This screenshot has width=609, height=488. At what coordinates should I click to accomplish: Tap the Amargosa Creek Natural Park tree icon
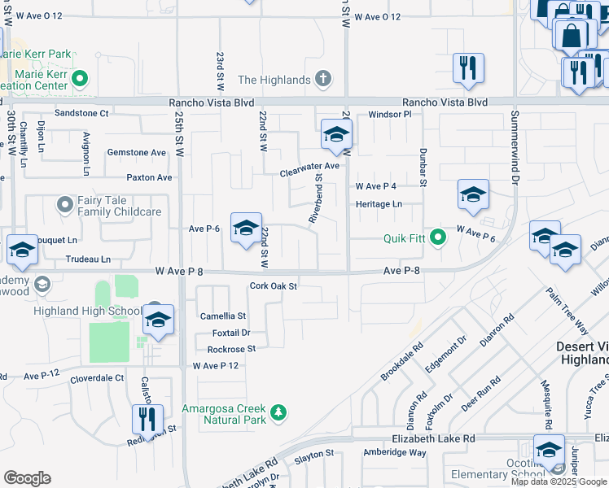click(278, 413)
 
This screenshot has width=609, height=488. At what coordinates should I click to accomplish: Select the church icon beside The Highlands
click(323, 80)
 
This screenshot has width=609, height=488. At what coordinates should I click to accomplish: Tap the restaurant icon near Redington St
click(147, 420)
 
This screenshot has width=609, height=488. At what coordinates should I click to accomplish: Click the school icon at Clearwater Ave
click(335, 136)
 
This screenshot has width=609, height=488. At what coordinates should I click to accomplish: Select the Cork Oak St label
click(274, 286)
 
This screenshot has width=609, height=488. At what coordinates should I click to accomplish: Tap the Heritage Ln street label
click(379, 204)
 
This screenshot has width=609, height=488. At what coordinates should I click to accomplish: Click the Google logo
click(27, 478)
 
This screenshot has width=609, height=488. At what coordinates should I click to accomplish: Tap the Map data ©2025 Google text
click(559, 481)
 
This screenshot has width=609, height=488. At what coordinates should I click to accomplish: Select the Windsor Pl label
click(392, 115)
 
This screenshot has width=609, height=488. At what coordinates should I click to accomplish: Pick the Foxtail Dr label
click(230, 333)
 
